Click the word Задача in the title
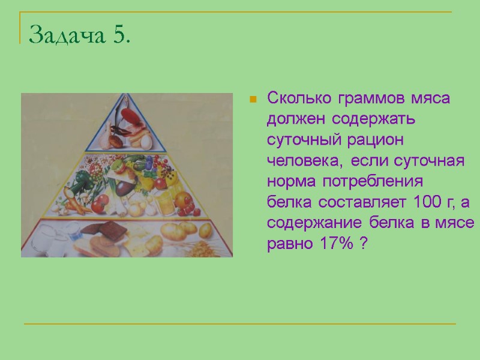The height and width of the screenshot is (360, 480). [67, 35]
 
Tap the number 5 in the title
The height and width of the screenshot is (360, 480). [119, 35]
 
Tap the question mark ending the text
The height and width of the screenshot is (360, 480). [364, 244]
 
